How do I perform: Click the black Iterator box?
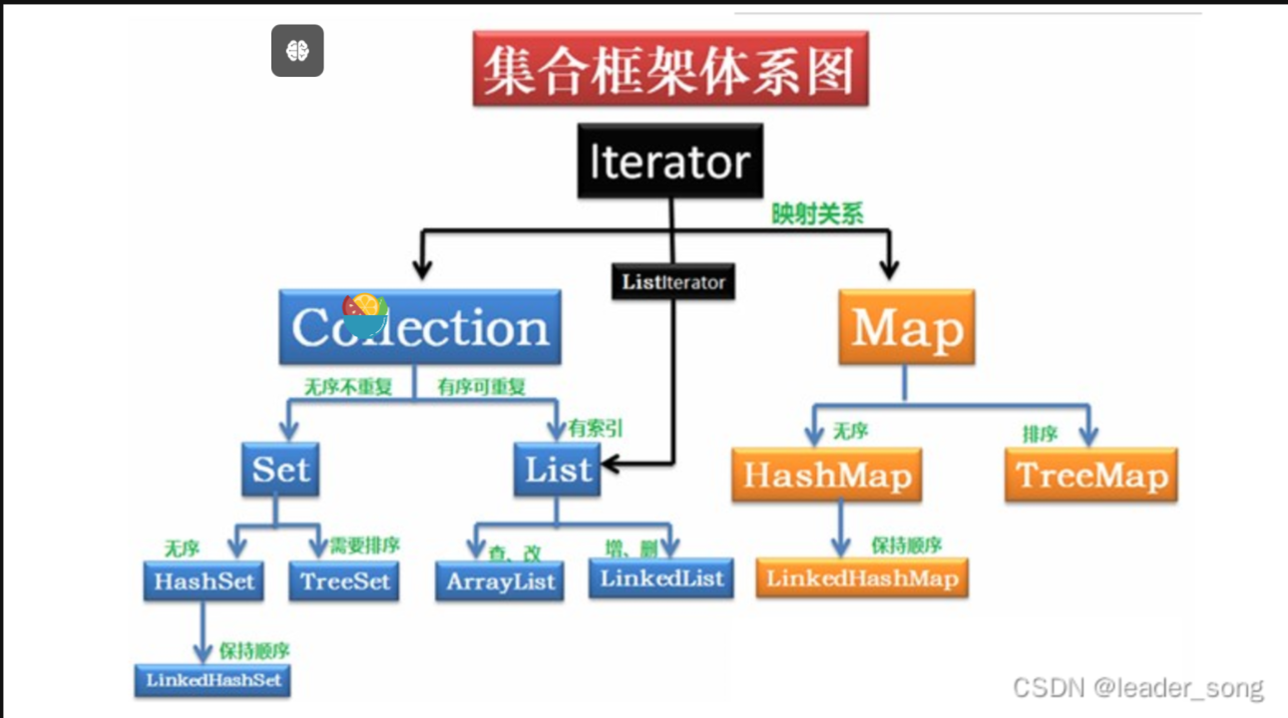(669, 162)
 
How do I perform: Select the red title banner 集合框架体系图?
(670, 69)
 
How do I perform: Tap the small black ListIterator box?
(672, 282)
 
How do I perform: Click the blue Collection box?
(420, 327)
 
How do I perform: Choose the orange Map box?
(906, 327)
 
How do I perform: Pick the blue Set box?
(280, 469)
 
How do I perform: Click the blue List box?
(558, 469)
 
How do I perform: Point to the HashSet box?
(205, 580)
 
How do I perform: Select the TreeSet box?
(344, 580)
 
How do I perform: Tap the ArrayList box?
(499, 581)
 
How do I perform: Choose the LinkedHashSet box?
(214, 681)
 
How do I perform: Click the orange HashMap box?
(826, 475)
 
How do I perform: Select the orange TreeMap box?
(1091, 475)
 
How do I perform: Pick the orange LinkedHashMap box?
(862, 578)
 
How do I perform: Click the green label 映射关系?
(817, 214)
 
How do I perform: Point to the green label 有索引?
(596, 428)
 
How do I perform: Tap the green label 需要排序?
(367, 545)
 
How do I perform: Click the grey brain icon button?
(297, 51)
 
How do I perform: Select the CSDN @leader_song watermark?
(1137, 687)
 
